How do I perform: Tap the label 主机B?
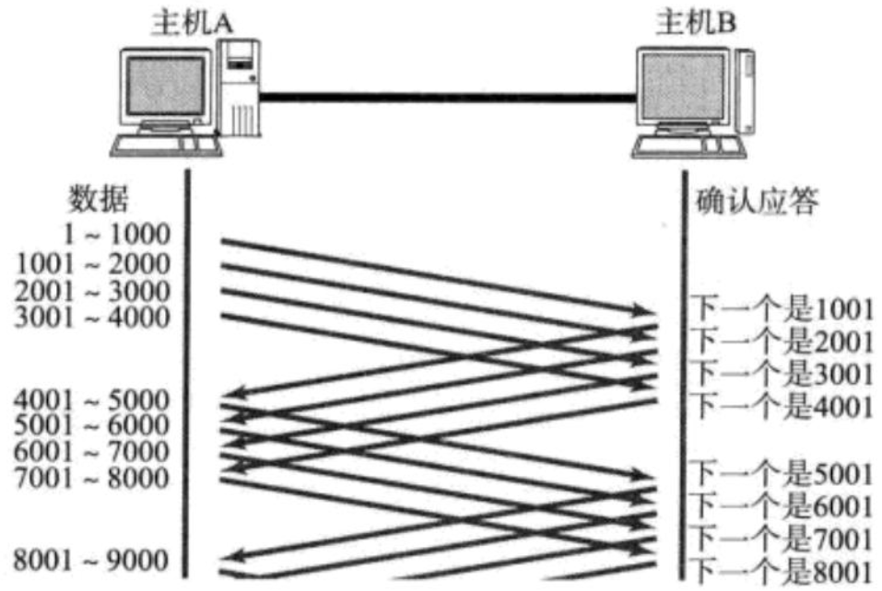[x=695, y=21]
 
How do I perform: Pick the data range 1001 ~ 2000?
[x=94, y=264]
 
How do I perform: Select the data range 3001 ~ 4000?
[x=94, y=319]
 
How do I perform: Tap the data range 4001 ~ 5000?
[x=94, y=400]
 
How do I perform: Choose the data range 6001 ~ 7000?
[x=94, y=453]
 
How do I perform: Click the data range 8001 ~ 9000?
[x=94, y=559]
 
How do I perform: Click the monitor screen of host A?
[x=167, y=87]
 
